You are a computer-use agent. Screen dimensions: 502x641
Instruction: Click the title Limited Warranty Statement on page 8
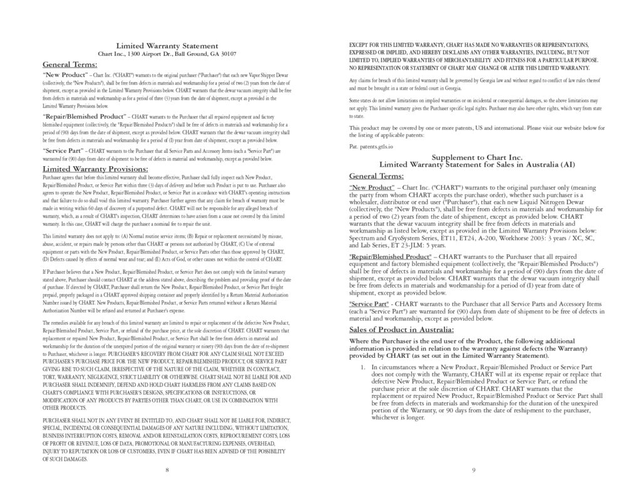(167, 45)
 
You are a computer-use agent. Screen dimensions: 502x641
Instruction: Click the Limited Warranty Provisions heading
(95, 169)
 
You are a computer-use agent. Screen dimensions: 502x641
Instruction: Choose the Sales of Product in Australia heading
(401, 329)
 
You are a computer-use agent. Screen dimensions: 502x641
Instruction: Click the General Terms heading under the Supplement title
(376, 176)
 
